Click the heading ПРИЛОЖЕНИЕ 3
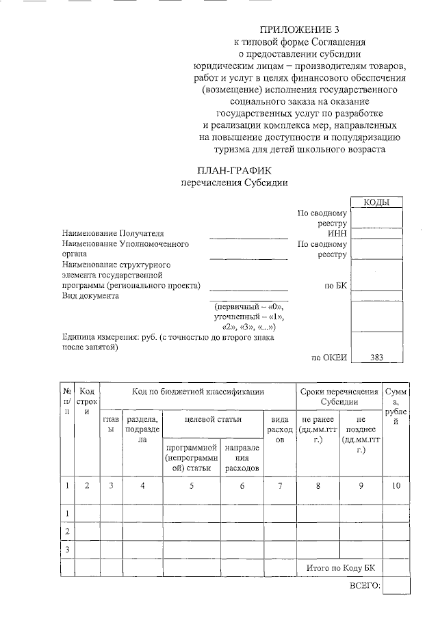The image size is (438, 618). (x=299, y=29)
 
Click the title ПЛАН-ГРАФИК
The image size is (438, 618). (x=233, y=170)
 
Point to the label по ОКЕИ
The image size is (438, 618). (x=330, y=356)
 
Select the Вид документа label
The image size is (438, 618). (x=90, y=295)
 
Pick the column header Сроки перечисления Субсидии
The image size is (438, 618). (x=339, y=397)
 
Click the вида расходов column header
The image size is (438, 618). (x=279, y=429)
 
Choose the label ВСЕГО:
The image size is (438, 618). (x=364, y=587)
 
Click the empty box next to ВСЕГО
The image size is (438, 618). (x=396, y=587)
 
